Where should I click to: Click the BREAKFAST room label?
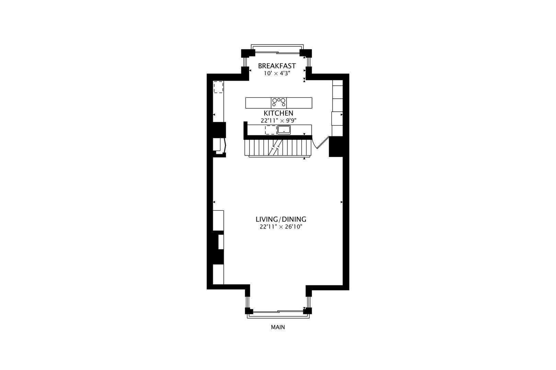tap(277, 66)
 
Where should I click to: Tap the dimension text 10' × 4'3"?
tap(277, 73)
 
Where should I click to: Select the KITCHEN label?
tap(278, 113)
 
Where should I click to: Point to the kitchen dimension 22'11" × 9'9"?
tap(278, 121)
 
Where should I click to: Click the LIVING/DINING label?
tap(281, 219)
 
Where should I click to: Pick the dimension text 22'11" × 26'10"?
tap(281, 227)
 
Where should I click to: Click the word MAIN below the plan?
tap(278, 327)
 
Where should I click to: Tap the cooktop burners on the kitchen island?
tap(279, 102)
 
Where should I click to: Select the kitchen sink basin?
tap(284, 130)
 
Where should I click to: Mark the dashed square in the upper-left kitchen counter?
tap(219, 87)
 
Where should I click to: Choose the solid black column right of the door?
tap(336, 146)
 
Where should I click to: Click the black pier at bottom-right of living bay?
tap(308, 311)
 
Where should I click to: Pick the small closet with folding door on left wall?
tap(218, 145)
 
